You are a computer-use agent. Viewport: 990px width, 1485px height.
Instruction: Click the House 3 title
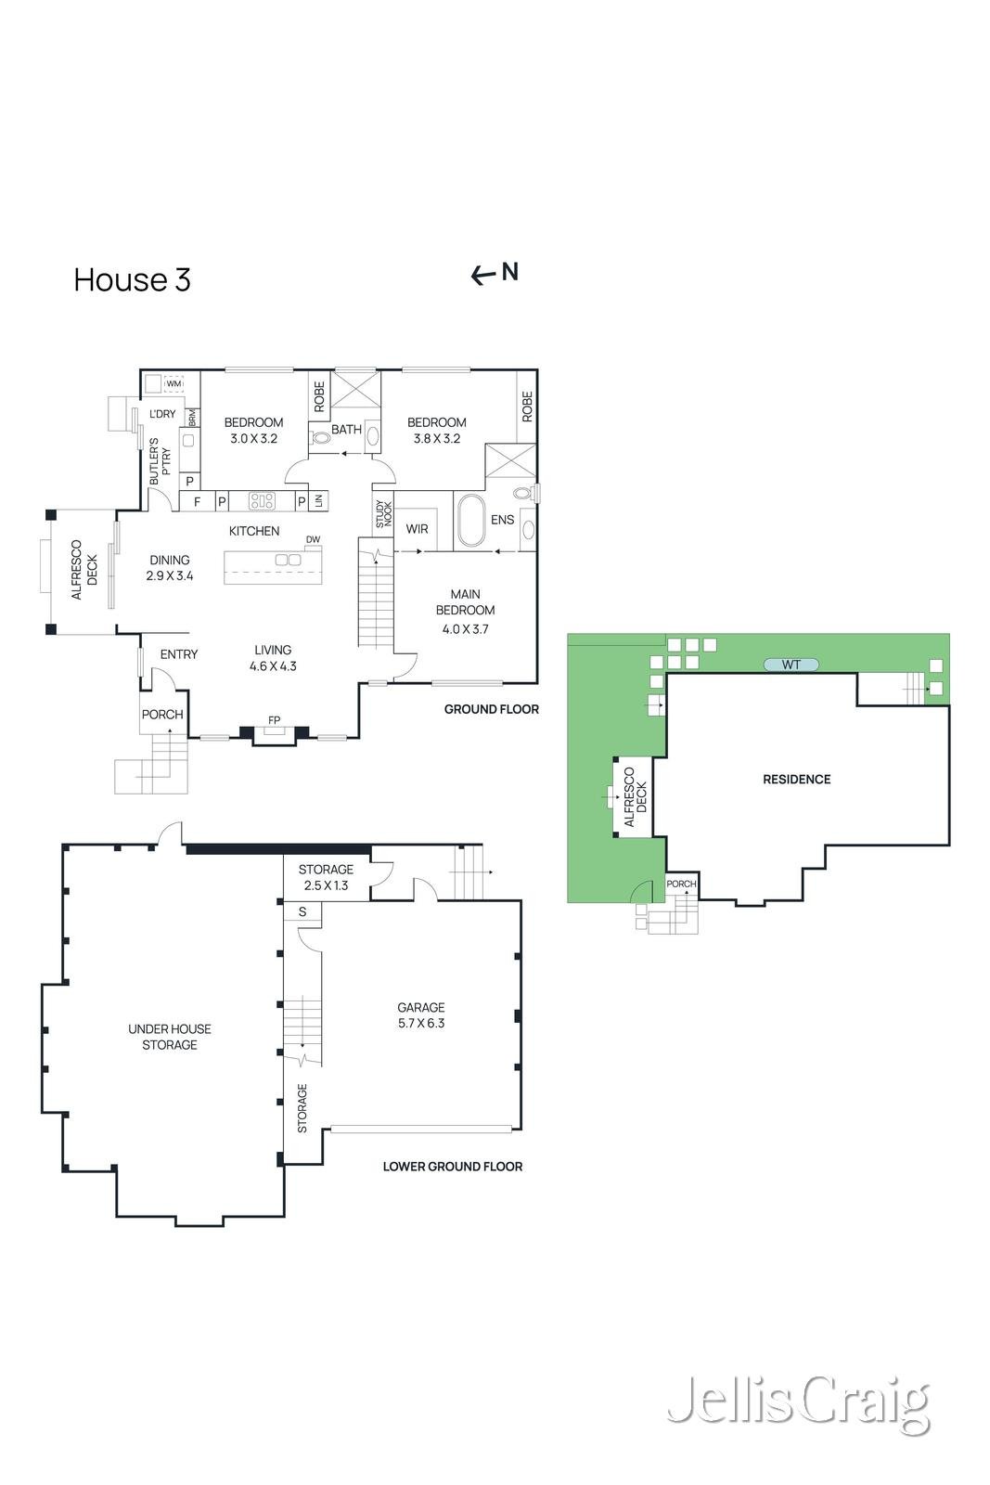coord(132,280)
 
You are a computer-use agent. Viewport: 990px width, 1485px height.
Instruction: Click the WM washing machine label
coord(174,383)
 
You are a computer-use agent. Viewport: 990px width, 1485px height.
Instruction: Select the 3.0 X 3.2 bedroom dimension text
coord(253,439)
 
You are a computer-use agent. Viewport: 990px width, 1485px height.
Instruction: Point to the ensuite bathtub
coord(469,521)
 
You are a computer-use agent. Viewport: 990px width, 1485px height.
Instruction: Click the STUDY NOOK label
coord(383,515)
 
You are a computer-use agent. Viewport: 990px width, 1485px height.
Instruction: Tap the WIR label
coord(418,529)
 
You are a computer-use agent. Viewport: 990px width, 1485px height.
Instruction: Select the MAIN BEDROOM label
coord(465,602)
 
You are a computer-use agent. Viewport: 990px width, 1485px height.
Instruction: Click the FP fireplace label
coord(274,720)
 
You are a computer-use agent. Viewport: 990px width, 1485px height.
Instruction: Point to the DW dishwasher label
coord(313,539)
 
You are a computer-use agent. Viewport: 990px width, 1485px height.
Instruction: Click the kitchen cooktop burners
coord(263,501)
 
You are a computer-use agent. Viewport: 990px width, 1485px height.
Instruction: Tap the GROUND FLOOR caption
coord(491,709)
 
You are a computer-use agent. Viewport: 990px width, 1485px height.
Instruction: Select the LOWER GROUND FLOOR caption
coord(453,1167)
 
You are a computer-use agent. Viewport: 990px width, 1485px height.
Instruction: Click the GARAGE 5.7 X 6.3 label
coord(421,1015)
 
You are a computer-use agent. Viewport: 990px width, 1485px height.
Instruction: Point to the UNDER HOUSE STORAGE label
coord(170,1037)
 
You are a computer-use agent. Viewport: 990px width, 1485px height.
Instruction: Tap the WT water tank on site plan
coord(791,665)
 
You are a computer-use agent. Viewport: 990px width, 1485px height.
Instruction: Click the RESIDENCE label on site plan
coord(796,780)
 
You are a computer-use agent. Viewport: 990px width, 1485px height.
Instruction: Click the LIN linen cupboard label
coord(319,501)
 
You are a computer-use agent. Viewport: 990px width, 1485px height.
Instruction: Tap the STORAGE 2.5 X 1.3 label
coord(326,877)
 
